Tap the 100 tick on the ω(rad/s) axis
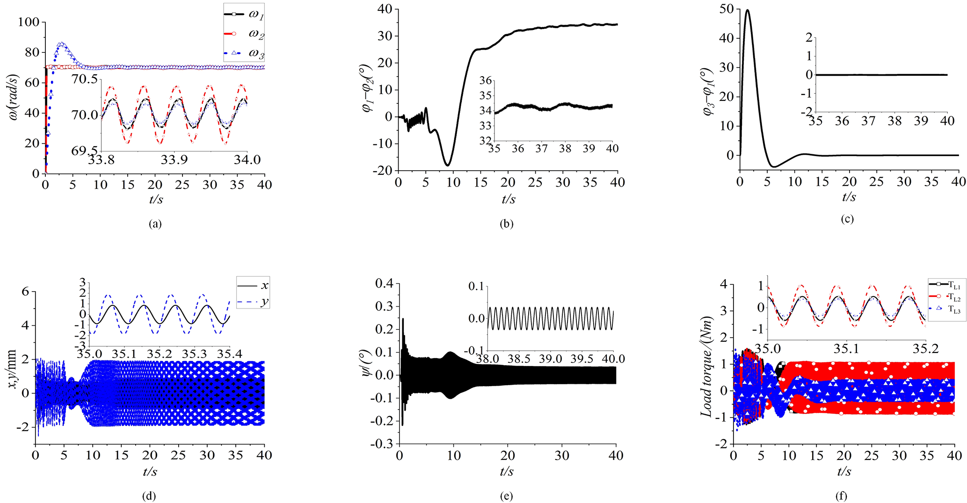pos(29,22)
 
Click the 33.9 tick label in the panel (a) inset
pos(174,160)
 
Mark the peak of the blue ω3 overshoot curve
pos(61,44)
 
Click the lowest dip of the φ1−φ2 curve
pos(448,165)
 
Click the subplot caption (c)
pos(847,219)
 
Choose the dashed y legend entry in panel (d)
pos(253,302)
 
